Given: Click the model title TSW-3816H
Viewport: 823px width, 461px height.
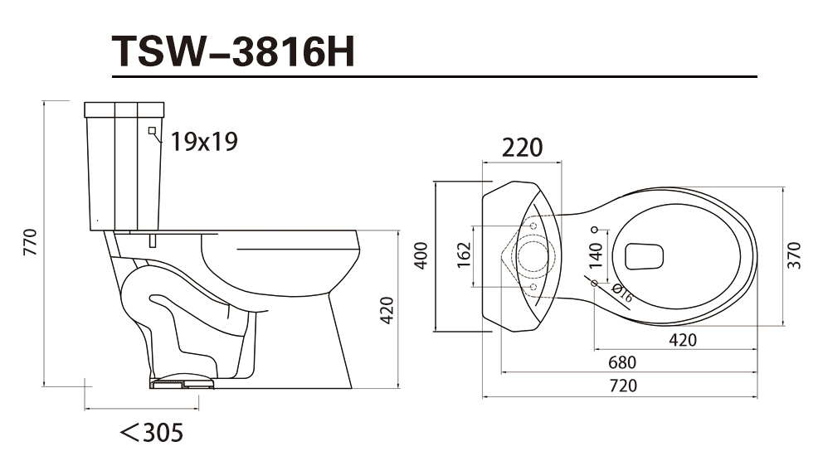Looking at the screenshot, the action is (x=234, y=51).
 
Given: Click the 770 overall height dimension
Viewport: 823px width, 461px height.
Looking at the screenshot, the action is (x=31, y=242).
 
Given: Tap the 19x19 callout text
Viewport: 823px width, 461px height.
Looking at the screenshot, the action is (x=204, y=142).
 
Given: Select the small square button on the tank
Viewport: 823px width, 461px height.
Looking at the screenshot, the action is (x=152, y=130).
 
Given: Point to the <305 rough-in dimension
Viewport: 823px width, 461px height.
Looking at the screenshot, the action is (x=152, y=433).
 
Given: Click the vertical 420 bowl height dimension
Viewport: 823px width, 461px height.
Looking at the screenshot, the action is (x=387, y=310).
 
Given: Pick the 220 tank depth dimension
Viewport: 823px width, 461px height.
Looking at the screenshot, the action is (x=522, y=148).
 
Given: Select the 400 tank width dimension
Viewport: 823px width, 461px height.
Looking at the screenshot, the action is (x=421, y=255).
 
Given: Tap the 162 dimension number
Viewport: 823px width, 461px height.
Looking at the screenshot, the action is (x=464, y=255).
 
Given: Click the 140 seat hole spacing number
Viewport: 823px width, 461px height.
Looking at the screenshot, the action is (x=595, y=255).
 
